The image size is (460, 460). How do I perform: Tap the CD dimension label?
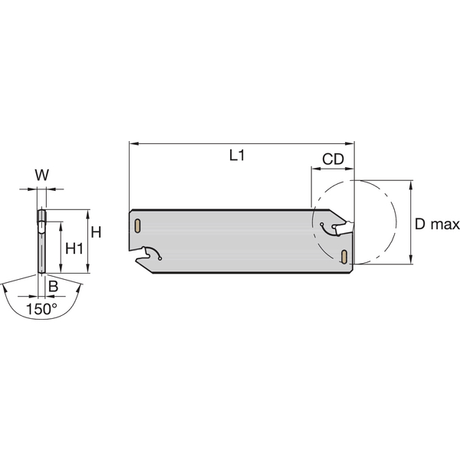[x=332, y=159]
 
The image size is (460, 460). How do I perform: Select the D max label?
[x=437, y=225]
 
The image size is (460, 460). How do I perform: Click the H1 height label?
[x=74, y=248]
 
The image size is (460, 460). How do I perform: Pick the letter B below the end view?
[x=52, y=286]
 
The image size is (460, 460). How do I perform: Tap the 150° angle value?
[x=41, y=310]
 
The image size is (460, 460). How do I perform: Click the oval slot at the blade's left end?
[x=136, y=226]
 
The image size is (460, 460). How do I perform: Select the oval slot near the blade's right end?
[x=345, y=255]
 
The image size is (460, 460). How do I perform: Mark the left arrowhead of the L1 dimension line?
[x=133, y=143]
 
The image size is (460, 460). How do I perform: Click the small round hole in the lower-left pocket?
[x=159, y=258]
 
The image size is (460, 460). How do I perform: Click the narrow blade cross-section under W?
[x=41, y=242]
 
